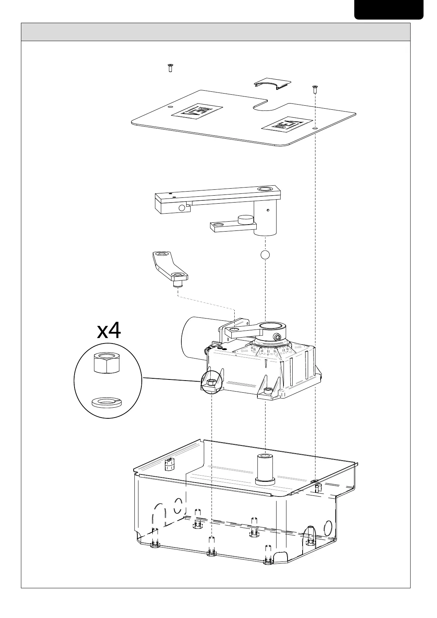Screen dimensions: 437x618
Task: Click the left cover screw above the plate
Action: coord(170,68)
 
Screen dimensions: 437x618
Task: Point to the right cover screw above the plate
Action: coord(314,88)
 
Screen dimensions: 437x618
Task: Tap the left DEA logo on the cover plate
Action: coord(197,111)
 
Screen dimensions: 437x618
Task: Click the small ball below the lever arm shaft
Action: coord(265,254)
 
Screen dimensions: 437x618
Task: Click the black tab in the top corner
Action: coord(389,10)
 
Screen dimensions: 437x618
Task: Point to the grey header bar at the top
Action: coord(216,32)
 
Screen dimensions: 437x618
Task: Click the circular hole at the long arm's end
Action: coord(265,189)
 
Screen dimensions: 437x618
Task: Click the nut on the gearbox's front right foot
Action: coord(268,392)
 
